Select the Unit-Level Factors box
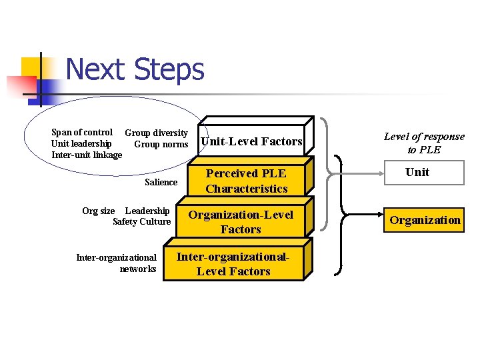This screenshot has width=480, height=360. click(x=251, y=141)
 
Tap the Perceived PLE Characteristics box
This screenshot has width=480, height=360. click(x=246, y=181)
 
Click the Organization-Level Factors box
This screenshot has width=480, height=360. click(x=241, y=222)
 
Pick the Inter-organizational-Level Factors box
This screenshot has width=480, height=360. click(x=233, y=264)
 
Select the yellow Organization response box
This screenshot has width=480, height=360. click(x=425, y=220)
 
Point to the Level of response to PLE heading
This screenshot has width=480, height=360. click(x=424, y=143)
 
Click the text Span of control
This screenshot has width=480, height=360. click(x=82, y=132)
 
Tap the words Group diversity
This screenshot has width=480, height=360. click(x=157, y=133)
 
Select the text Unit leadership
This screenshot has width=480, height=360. click(x=81, y=143)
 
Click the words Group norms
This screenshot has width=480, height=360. click(x=161, y=144)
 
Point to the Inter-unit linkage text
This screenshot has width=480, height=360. click(x=87, y=155)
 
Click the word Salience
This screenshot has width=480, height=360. click(x=161, y=182)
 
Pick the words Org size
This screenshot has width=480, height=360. click(x=98, y=211)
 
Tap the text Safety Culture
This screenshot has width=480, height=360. click(x=142, y=221)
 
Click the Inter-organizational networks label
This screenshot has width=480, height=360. click(x=117, y=263)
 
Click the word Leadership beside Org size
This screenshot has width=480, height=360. click(x=147, y=211)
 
